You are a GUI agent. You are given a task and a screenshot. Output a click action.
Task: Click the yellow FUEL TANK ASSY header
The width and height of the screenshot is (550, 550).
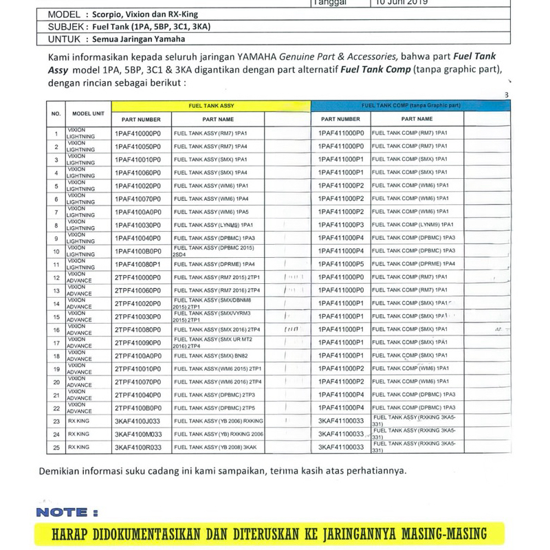pyautogui.click(x=211, y=106)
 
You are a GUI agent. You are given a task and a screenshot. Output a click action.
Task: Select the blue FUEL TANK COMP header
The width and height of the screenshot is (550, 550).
pyautogui.click(x=411, y=106)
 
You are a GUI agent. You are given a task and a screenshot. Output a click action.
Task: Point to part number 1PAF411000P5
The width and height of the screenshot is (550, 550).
pyautogui.click(x=341, y=264)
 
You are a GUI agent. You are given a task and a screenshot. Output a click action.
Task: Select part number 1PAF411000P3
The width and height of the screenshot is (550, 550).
pyautogui.click(x=341, y=225)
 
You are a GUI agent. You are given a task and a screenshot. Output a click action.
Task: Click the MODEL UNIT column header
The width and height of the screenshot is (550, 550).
pyautogui.click(x=88, y=113)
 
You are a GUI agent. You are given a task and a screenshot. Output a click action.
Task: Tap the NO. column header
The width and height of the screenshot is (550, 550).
pyautogui.click(x=56, y=113)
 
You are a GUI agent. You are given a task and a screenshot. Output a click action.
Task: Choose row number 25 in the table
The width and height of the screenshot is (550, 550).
pyautogui.click(x=56, y=447)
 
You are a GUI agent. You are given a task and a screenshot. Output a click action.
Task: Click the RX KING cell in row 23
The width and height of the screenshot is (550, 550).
pyautogui.click(x=78, y=421)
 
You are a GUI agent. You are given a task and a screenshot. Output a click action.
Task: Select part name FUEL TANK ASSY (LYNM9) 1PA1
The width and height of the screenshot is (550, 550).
pyautogui.click(x=214, y=225)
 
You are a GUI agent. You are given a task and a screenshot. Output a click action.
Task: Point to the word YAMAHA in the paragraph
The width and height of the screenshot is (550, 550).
pyautogui.click(x=256, y=57)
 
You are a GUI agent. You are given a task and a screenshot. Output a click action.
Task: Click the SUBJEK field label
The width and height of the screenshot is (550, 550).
pyautogui.click(x=65, y=27)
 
